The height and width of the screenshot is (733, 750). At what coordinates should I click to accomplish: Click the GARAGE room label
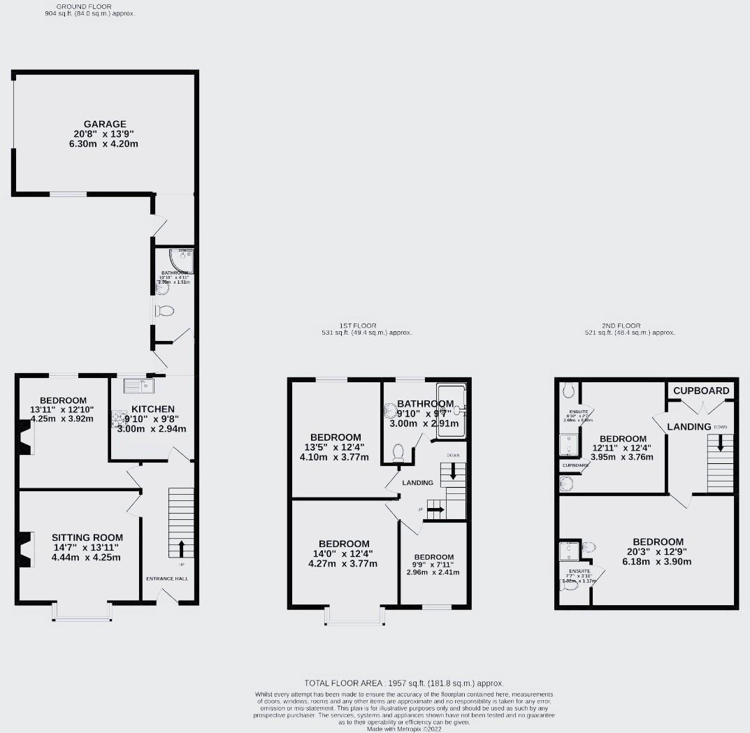pos(105,122)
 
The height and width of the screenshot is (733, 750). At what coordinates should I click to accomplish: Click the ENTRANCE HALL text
pos(167,579)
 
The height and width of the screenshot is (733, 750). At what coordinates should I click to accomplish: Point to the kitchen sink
pos(137,384)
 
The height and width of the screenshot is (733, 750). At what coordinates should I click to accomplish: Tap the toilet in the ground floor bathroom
pos(166,310)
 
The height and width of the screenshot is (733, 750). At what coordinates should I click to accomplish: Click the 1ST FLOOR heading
pos(359,326)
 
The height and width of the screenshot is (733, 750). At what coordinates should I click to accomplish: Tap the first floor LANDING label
pos(417,483)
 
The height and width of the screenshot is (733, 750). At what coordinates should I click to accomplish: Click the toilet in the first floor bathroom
pos(399,453)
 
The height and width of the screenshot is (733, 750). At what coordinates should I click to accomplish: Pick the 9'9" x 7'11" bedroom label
pos(434,557)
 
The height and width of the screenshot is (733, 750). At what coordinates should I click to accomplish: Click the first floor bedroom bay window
pos(354,614)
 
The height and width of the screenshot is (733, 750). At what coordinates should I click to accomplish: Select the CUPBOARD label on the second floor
pos(701,391)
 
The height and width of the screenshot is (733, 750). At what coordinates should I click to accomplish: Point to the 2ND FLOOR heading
pos(621,326)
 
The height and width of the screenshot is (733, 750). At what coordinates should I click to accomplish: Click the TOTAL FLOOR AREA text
pos(404,683)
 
